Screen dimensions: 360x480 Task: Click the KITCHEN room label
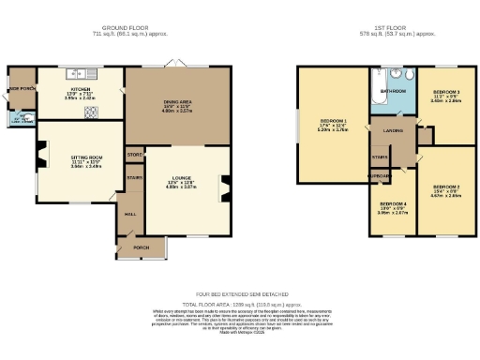(x=79, y=90)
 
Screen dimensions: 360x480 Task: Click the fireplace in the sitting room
(x=39, y=159)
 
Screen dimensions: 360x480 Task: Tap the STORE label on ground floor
(x=134, y=154)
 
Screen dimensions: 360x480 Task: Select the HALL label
(x=130, y=213)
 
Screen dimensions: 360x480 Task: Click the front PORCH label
(x=142, y=247)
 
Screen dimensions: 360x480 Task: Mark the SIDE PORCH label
(x=20, y=90)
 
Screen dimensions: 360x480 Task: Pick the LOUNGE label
(x=181, y=177)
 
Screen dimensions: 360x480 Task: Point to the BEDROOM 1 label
(x=333, y=122)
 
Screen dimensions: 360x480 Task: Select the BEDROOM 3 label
(x=444, y=93)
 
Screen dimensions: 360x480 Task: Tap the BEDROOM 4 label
(x=392, y=202)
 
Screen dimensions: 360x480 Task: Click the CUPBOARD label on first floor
(x=380, y=175)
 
